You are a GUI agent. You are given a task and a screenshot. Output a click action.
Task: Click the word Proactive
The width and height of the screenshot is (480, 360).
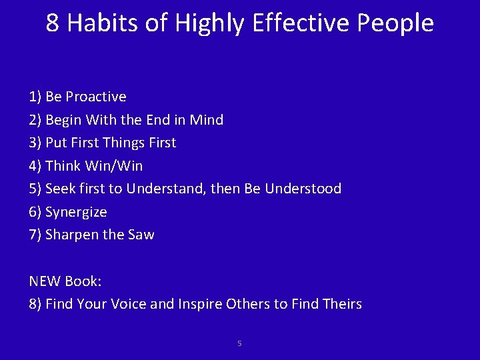click(x=95, y=97)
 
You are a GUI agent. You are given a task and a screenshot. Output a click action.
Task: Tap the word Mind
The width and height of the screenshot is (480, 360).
click(x=207, y=120)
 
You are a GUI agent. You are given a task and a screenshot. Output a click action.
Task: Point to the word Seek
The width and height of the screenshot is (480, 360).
click(x=61, y=189)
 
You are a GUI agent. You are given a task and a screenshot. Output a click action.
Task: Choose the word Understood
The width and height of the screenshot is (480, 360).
click(x=303, y=189)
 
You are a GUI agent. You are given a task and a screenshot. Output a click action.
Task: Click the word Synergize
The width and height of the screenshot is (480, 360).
click(x=76, y=212)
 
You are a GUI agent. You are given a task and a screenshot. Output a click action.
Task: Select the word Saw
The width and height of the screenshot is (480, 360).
click(x=141, y=235)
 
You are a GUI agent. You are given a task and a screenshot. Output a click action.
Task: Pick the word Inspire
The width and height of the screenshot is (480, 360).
click(x=199, y=305)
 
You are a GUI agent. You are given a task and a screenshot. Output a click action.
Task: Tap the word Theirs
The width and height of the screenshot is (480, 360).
click(x=341, y=304)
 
